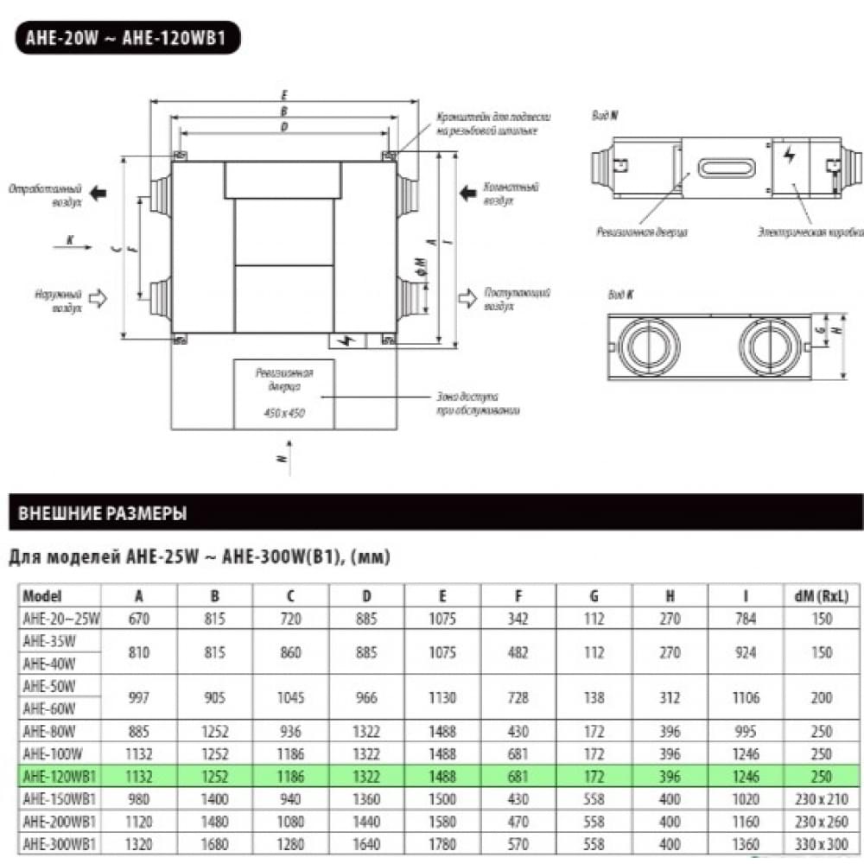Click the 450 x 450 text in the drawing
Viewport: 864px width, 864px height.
pyautogui.click(x=284, y=413)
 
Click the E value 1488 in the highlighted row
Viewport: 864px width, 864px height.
pyautogui.click(x=442, y=776)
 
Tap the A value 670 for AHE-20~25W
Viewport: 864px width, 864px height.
pyautogui.click(x=139, y=619)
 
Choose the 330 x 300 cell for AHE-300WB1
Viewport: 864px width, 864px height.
pyautogui.click(x=821, y=843)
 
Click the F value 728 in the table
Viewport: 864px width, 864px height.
pyautogui.click(x=518, y=697)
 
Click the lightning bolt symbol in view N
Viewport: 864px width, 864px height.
pyautogui.click(x=787, y=156)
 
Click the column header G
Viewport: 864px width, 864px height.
pyautogui.click(x=594, y=596)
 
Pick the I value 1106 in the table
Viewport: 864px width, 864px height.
pyautogui.click(x=745, y=697)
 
